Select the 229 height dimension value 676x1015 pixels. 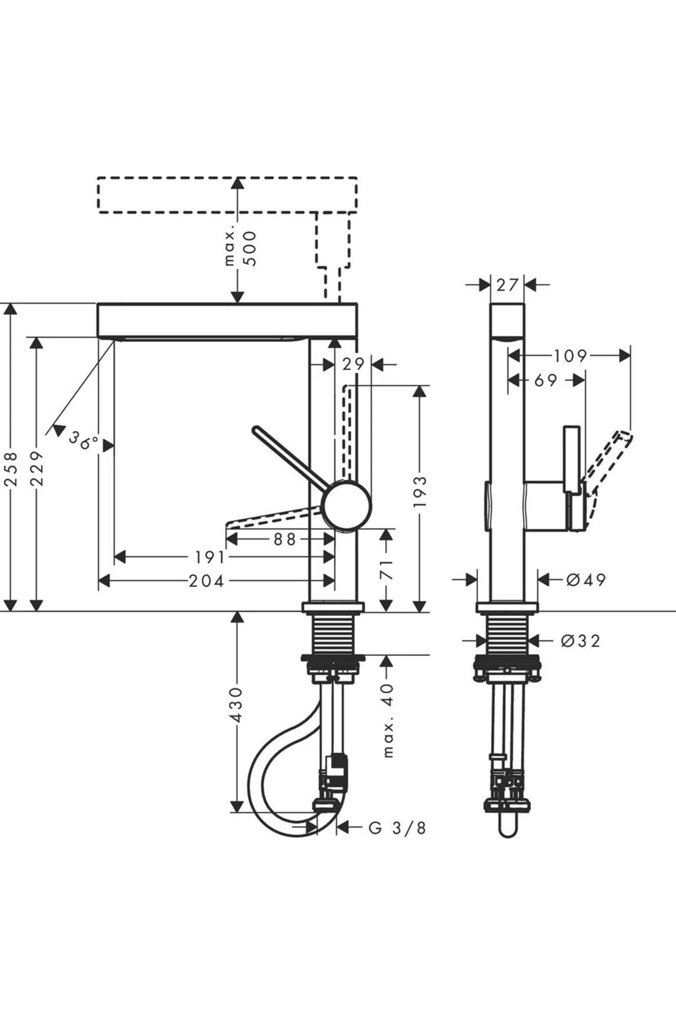tap(37, 468)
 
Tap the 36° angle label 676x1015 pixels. tap(84, 440)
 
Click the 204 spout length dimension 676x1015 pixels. tap(207, 580)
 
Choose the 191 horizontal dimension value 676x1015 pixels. tap(210, 558)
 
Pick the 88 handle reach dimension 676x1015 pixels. tap(284, 539)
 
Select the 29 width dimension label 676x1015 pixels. tap(354, 364)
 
